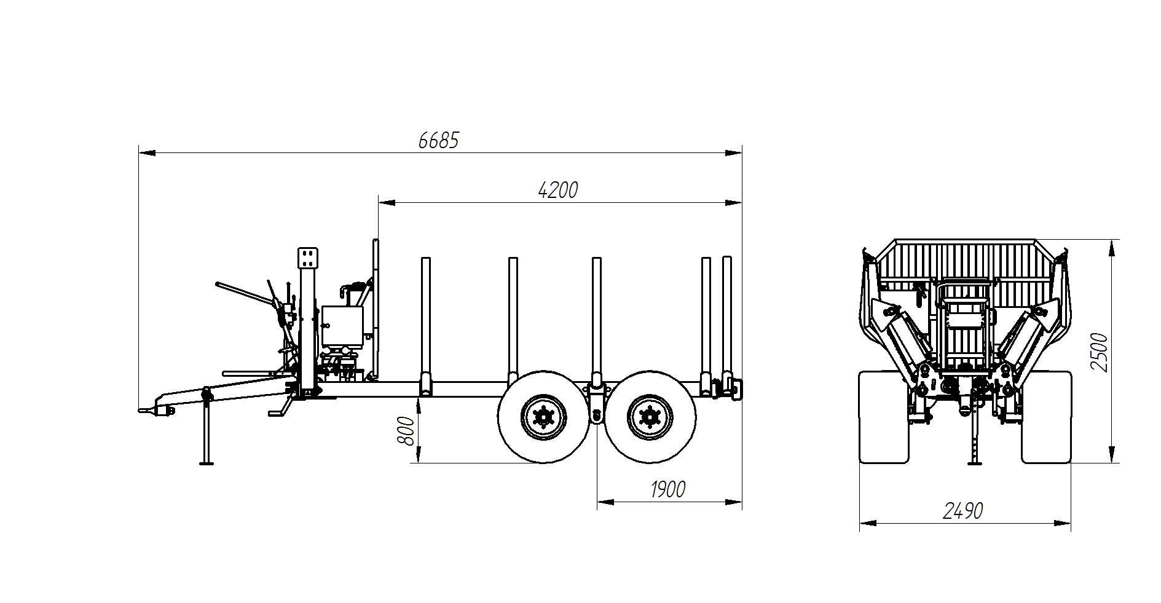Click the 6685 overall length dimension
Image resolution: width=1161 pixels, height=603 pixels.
[x=438, y=141]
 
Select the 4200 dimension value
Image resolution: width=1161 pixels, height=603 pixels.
[x=558, y=190]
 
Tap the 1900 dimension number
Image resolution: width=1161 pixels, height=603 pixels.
[x=667, y=490]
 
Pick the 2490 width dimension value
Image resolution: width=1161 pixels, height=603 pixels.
[x=963, y=511]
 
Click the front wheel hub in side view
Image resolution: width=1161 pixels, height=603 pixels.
[x=543, y=417]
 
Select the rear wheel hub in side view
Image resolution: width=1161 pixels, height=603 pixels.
[x=649, y=417]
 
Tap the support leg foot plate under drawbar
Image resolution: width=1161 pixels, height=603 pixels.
[x=207, y=463]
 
